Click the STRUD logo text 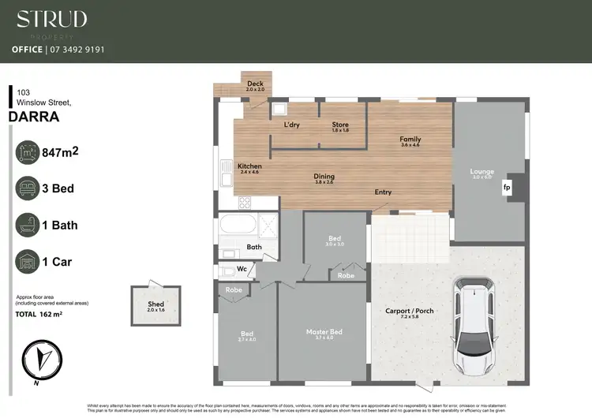tap(52, 20)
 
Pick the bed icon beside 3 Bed tap(28, 188)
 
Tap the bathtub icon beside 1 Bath tap(28, 225)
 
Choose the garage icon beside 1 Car tap(28, 260)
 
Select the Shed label tap(155, 304)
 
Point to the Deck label tap(255, 84)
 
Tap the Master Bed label tap(324, 332)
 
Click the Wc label tap(243, 270)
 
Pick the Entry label tap(383, 192)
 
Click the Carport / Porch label tap(409, 310)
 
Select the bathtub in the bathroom tap(236, 225)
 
